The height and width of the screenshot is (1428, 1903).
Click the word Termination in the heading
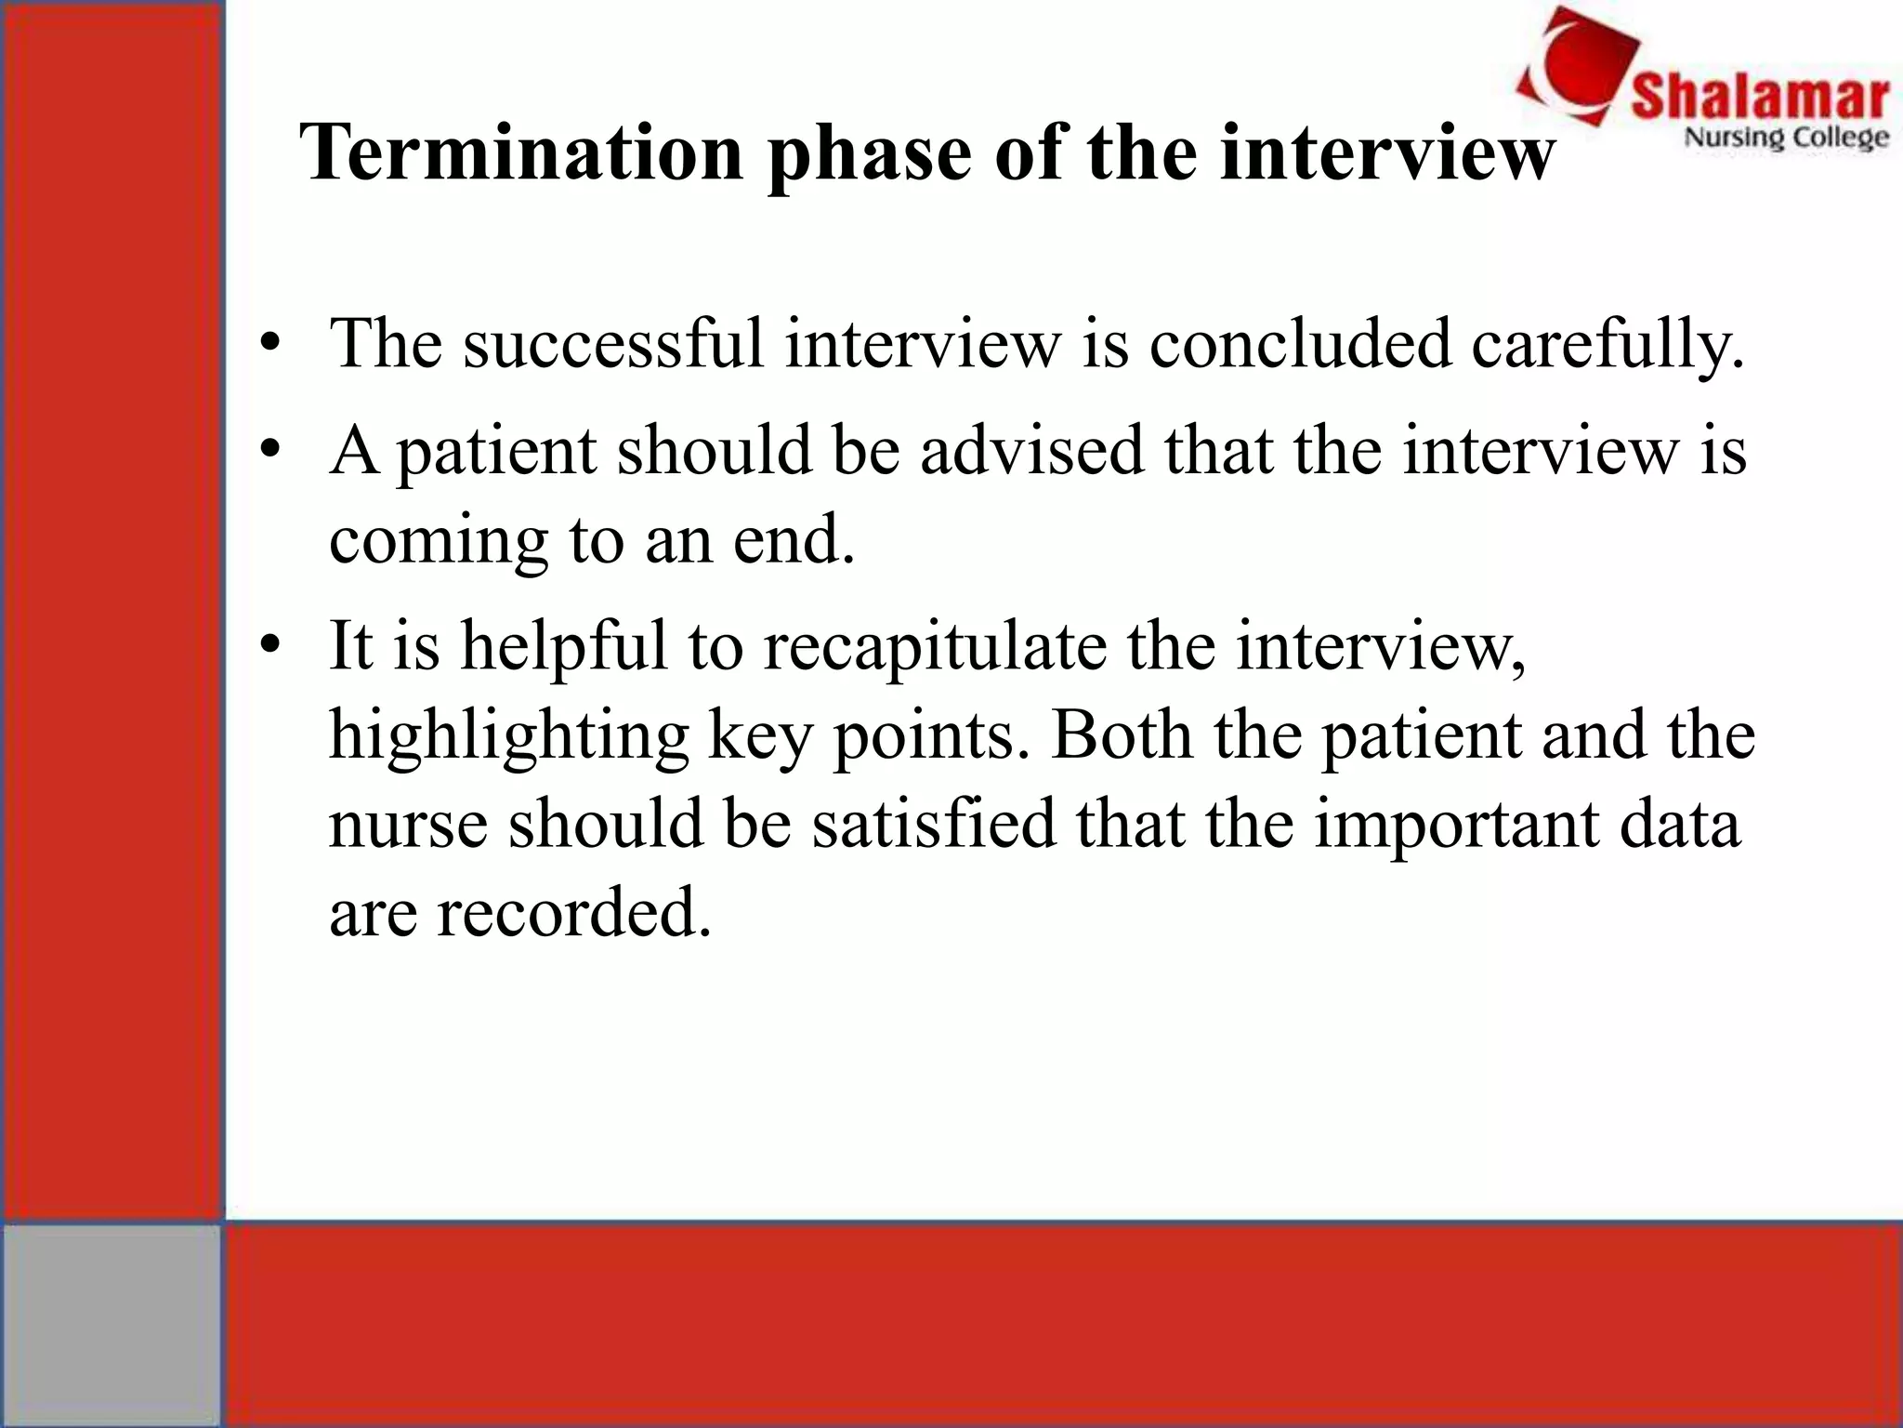(x=520, y=153)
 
